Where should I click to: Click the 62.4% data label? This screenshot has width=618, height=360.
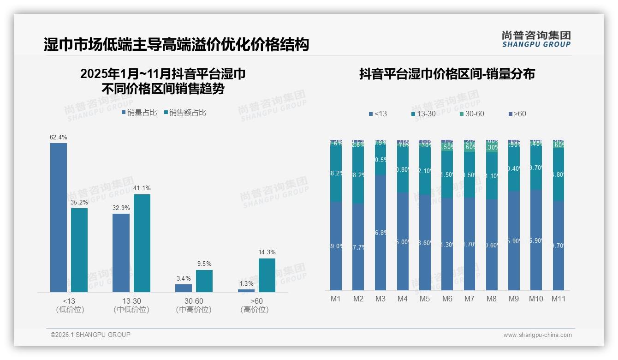point(59,137)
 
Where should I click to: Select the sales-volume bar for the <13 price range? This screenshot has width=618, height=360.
point(59,217)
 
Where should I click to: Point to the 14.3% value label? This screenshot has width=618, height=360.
point(267,252)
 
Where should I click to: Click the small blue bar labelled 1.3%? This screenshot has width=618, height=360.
point(246,291)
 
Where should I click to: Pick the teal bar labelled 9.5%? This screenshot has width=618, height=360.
point(204,281)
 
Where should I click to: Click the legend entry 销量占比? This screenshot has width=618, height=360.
point(139,112)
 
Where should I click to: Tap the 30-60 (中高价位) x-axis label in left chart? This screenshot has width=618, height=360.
point(194,306)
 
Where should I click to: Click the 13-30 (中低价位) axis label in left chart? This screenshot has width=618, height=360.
point(131,306)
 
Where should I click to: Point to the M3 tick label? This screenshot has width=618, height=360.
point(380,299)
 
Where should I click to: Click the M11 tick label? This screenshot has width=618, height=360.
point(559,299)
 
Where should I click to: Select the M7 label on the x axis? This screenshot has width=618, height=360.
point(469,299)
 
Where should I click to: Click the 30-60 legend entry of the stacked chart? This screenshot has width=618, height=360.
point(471,114)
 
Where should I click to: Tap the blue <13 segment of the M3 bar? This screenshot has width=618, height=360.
point(380,233)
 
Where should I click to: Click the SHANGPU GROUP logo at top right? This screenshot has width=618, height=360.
point(536,39)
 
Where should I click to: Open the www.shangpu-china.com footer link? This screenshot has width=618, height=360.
point(537,335)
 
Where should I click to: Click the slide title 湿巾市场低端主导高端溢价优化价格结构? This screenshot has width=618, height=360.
point(176,45)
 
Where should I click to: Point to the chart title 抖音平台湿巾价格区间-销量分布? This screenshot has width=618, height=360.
point(446,74)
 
